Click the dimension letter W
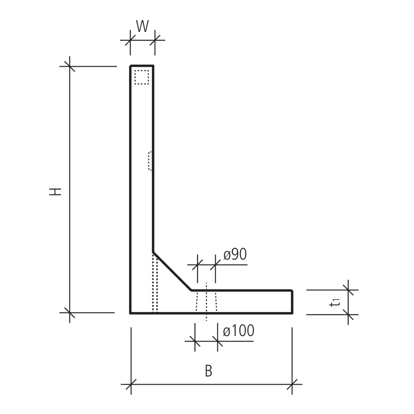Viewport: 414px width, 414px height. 142,26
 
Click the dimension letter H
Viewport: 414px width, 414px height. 55,191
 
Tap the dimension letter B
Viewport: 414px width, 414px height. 209,371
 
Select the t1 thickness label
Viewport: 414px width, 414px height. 335,302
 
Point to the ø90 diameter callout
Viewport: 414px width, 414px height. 235,255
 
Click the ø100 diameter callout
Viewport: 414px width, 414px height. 238,331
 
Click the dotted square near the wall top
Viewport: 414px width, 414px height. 142,77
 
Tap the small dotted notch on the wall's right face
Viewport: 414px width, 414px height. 150,161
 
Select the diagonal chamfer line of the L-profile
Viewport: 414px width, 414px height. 172,271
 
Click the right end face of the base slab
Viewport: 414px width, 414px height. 292,302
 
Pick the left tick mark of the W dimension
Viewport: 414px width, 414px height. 130,41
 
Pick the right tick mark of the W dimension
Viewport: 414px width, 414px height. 155,41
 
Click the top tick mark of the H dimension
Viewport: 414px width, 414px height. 70,66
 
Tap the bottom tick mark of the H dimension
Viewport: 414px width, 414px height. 70,313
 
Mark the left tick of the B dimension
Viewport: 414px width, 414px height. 131,385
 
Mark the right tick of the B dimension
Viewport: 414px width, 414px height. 292,385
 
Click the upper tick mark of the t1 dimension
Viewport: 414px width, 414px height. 348,290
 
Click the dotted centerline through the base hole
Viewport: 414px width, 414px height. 207,302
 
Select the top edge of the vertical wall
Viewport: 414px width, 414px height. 142,65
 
